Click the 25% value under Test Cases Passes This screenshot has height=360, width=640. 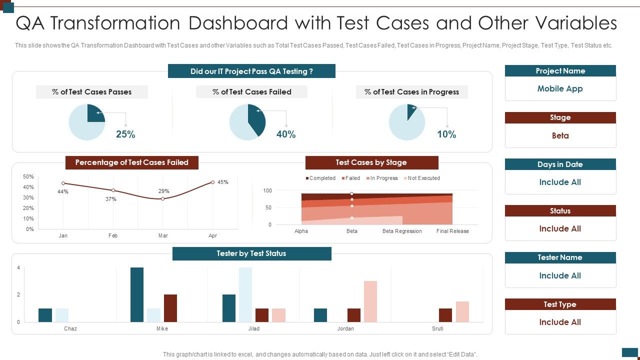tap(125, 134)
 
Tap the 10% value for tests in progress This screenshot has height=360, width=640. tap(446, 134)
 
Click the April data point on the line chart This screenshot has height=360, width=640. tap(213, 182)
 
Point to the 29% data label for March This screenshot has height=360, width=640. tap(163, 191)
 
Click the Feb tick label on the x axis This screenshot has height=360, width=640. tap(113, 235)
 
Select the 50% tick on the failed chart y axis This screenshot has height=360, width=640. tap(28, 177)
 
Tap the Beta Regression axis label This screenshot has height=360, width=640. tap(402, 231)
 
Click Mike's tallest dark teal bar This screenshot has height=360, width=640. tap(137, 294)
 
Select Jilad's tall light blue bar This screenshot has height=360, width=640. tap(245, 294)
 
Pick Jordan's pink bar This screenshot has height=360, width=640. tap(370, 301)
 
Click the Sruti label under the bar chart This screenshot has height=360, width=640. tap(437, 329)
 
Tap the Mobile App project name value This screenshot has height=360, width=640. tap(560, 89)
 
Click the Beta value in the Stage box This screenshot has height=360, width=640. tap(560, 136)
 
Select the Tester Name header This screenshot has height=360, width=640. tap(560, 257)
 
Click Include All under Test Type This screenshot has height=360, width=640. tap(560, 322)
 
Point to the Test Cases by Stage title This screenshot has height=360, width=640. tap(371, 162)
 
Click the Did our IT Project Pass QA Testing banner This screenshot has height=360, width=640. tap(251, 71)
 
